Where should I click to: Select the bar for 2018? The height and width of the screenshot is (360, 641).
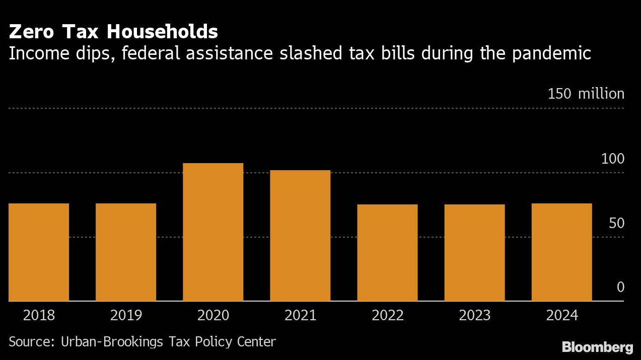click(x=39, y=252)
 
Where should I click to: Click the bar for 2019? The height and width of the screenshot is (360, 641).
click(x=126, y=252)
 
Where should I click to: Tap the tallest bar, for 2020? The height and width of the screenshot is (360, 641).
click(x=213, y=232)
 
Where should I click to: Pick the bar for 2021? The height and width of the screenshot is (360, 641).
click(x=300, y=235)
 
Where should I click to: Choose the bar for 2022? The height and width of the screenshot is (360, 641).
click(x=387, y=252)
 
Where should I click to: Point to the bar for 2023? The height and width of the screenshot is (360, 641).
click(x=474, y=252)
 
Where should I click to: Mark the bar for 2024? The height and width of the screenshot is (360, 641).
click(x=561, y=252)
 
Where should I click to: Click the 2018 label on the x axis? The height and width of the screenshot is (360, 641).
click(x=39, y=316)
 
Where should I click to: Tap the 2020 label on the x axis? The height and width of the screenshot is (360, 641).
click(x=213, y=316)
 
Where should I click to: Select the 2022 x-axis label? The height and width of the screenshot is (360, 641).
click(x=388, y=316)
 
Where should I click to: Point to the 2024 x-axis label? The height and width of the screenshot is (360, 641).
click(x=562, y=316)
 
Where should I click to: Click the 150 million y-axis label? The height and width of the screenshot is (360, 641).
click(x=586, y=94)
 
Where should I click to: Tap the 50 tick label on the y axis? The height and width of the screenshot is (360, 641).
click(x=616, y=224)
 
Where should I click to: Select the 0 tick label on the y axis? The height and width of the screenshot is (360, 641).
click(x=620, y=287)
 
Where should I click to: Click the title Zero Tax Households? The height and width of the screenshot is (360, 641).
click(x=113, y=32)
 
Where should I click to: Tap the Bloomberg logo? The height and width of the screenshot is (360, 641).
click(x=597, y=347)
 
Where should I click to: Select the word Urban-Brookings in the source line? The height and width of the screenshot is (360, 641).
click(x=112, y=342)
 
